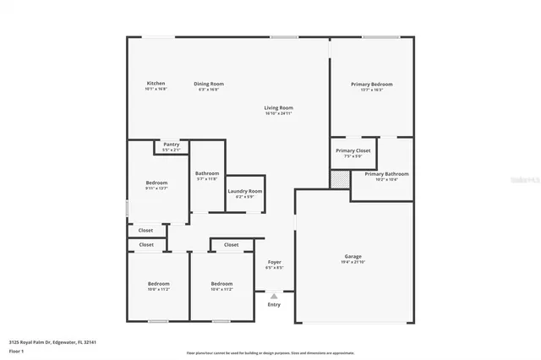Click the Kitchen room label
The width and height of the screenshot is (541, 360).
coord(156,84)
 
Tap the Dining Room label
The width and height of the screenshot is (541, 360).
coord(209,84)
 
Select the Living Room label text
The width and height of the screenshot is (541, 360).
coord(278,108)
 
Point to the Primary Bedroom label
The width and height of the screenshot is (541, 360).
coord(372,85)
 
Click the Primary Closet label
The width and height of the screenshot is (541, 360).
coord(352,150)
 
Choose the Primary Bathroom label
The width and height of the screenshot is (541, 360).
coord(386,174)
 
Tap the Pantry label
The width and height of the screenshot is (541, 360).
coord(171,145)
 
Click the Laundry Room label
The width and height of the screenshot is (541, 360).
coord(245,192)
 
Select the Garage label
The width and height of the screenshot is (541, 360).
coord(352,256)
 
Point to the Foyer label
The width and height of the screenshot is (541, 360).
coord(275,262)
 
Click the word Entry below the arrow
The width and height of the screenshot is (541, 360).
coord(274,304)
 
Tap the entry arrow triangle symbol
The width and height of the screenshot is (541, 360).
coord(274,296)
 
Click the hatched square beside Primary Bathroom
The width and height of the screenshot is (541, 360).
coord(339,179)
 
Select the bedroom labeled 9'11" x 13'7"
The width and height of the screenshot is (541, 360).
coord(156,183)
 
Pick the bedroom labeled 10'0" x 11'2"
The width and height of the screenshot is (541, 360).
coord(159,284)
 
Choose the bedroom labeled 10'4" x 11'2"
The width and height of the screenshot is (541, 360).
coord(221,284)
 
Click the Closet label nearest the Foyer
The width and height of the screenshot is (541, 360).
coord(231,245)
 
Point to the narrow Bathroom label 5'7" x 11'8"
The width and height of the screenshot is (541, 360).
coord(207,173)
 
